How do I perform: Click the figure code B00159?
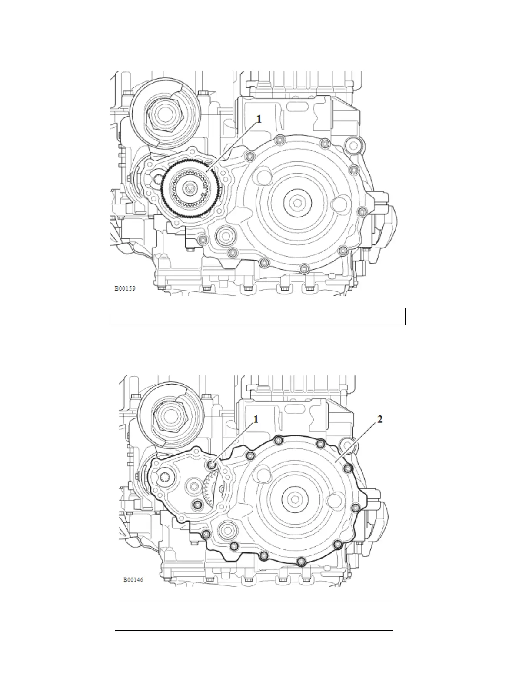125,288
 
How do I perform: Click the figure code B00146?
133,579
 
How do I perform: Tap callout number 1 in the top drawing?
259,119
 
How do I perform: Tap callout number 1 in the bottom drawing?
256,419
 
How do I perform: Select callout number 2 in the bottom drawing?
380,419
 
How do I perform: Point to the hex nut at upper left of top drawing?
164,114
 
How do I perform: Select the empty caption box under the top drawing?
256,316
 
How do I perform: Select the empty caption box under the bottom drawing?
254,614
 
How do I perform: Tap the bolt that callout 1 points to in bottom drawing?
212,465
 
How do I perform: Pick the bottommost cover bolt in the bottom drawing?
300,562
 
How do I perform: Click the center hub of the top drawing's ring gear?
190,188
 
